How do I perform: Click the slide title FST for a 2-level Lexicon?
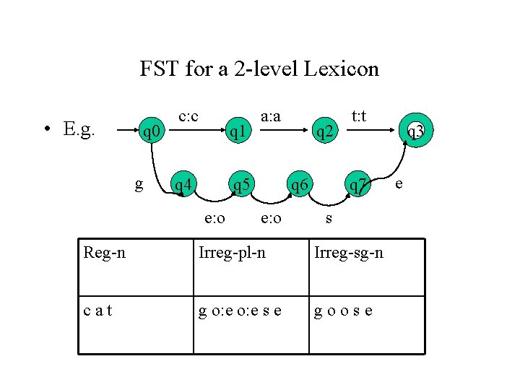tap(259, 69)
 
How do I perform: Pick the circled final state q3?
tap(415, 131)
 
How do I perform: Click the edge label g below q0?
tap(139, 184)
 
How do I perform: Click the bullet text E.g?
tap(79, 129)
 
